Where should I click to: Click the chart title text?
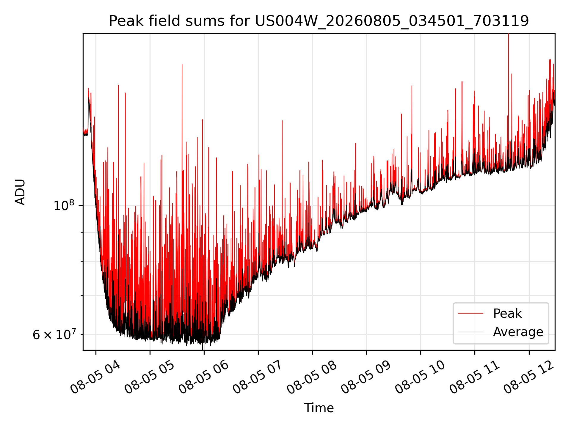pyautogui.click(x=319, y=21)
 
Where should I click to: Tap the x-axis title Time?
pyautogui.click(x=319, y=408)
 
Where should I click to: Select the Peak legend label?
pyautogui.click(x=507, y=314)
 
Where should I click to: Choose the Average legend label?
pyautogui.click(x=518, y=332)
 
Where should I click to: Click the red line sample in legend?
pyautogui.click(x=470, y=314)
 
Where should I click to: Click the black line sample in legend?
pyautogui.click(x=470, y=332)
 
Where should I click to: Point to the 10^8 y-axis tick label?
pyautogui.click(x=64, y=205)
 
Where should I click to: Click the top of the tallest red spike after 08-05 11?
pyautogui.click(x=509, y=34)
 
